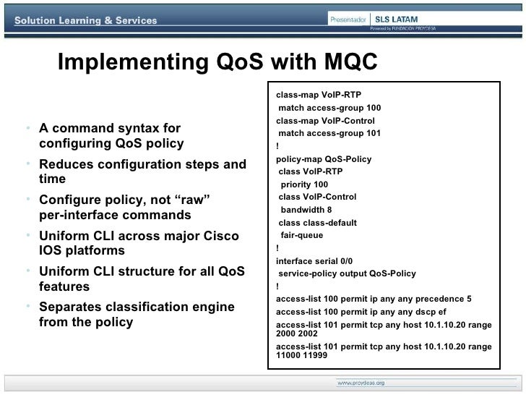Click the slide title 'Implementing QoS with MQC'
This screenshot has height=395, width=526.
coord(217,64)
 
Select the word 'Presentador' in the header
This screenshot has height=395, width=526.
coord(348,19)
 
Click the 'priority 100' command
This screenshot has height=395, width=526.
coord(304,184)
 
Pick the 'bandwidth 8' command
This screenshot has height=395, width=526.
coord(306,210)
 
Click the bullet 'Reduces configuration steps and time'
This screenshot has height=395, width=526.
coord(142,171)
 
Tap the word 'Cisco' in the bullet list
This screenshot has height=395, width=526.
coord(220,236)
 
